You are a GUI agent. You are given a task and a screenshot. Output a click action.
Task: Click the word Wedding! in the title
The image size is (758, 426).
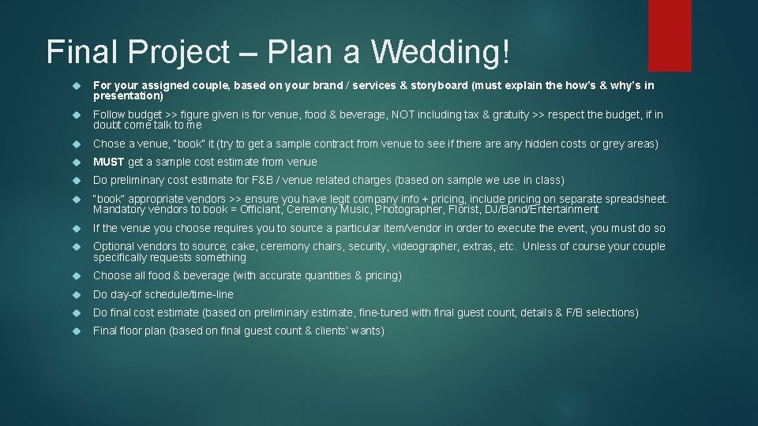tap(441, 52)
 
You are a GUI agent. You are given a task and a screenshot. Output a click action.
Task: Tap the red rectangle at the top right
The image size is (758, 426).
tap(670, 35)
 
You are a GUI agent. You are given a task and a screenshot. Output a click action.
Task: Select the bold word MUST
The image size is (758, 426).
tap(109, 162)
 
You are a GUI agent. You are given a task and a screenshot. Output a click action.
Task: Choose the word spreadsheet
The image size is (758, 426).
tap(631, 199)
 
